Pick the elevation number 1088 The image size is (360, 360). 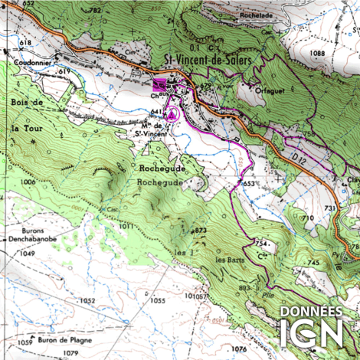pyautogui.click(x=318, y=52)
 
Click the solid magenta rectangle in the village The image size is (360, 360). pyautogui.click(x=159, y=83)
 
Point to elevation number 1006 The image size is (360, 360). pyautogui.click(x=29, y=182)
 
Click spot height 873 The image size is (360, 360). pyautogui.click(x=201, y=230)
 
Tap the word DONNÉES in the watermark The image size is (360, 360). pyautogui.click(x=312, y=311)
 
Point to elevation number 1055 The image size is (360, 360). pyautogui.click(x=157, y=301)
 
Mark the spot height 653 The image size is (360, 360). pyautogui.click(x=249, y=184)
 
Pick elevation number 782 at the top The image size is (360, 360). pyautogui.click(x=95, y=10)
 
